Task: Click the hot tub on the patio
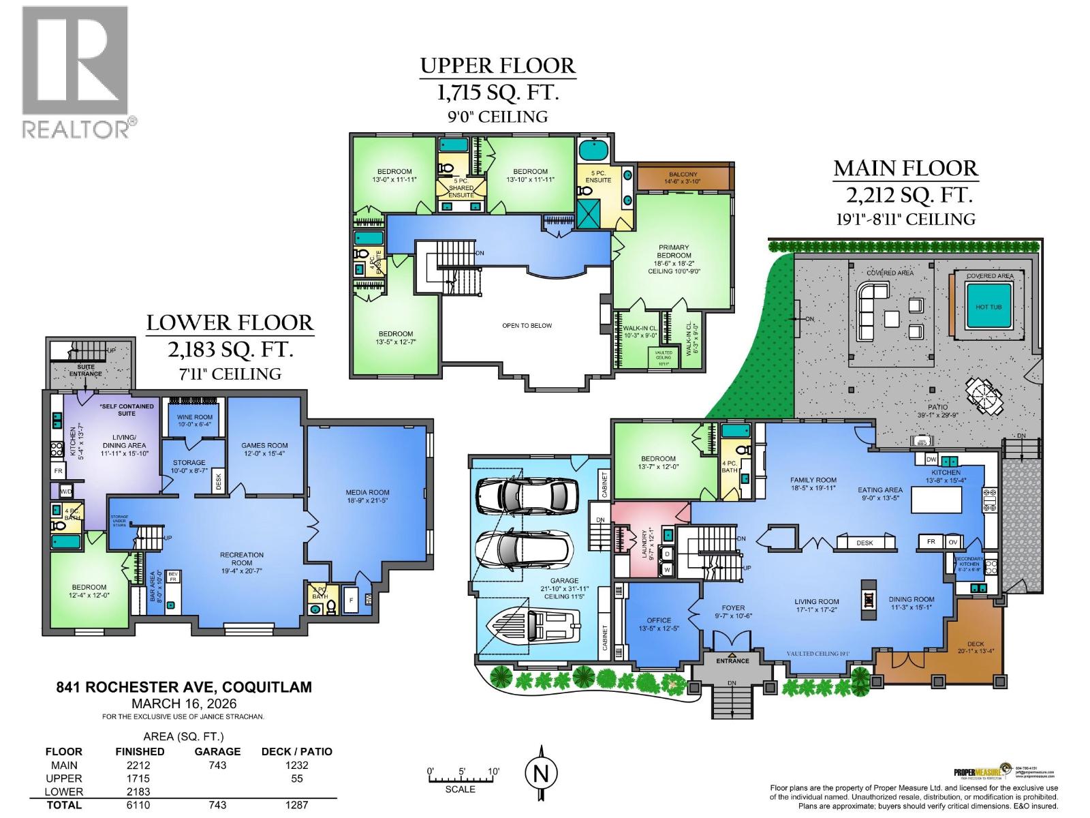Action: tap(988, 307)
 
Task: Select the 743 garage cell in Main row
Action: tap(217, 766)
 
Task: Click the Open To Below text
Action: tap(527, 326)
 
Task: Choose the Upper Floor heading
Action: tap(497, 66)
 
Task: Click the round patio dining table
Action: tap(983, 395)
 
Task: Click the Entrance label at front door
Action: tap(732, 661)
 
